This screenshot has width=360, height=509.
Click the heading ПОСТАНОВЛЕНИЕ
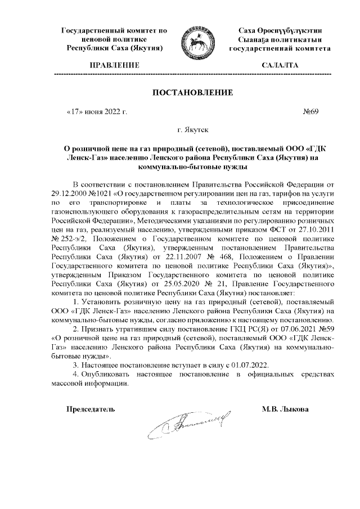click(x=185, y=92)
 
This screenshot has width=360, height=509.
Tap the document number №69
click(x=310, y=111)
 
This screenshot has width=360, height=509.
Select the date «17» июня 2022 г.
click(x=97, y=111)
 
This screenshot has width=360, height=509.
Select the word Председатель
click(x=92, y=408)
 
